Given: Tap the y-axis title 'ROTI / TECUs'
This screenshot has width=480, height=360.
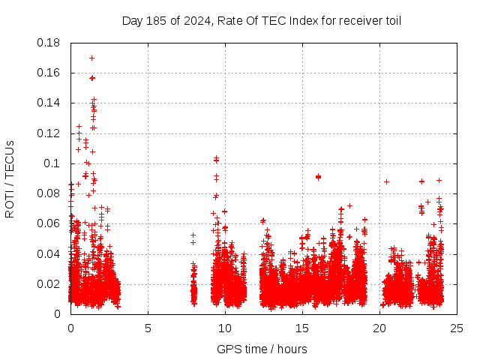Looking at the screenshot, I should (x=10, y=178).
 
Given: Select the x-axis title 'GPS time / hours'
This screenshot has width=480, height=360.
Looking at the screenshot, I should (x=262, y=349).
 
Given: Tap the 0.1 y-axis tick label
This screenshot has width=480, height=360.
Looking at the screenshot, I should (x=52, y=163).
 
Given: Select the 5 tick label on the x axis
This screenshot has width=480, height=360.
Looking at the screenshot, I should (x=148, y=328).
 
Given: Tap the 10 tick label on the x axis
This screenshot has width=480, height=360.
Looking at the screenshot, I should (x=225, y=328).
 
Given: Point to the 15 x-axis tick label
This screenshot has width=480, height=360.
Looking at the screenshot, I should (x=302, y=328).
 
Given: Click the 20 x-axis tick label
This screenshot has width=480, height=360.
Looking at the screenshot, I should (x=379, y=328).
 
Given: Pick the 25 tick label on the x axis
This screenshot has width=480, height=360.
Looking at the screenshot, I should (x=457, y=328).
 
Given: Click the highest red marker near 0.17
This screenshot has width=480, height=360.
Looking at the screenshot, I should (x=91, y=58).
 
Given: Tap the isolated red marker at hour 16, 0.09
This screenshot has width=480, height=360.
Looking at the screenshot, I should (x=318, y=177).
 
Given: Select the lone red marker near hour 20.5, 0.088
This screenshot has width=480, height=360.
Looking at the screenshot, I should (x=387, y=181).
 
